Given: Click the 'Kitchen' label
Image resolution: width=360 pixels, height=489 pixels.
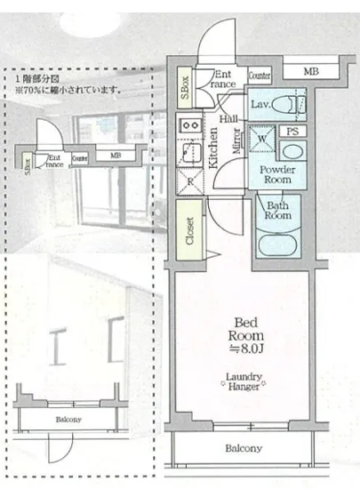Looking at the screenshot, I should tap(214, 147).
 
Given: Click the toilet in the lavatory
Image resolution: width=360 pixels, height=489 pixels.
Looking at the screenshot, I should tap(285, 105).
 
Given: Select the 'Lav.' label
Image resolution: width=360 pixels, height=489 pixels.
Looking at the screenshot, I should tap(260, 104).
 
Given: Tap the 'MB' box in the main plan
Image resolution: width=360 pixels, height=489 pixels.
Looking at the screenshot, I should tap(310, 72).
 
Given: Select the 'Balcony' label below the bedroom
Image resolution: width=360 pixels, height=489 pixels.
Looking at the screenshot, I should tap(242, 449).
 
